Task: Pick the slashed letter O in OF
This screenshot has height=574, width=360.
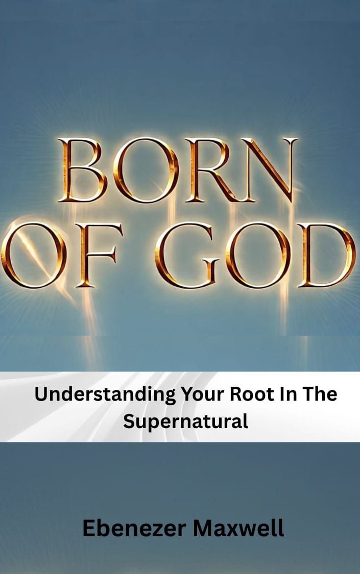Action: click(33, 255)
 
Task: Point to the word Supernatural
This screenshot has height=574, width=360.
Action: click(185, 422)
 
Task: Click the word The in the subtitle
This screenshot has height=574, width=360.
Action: click(319, 394)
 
